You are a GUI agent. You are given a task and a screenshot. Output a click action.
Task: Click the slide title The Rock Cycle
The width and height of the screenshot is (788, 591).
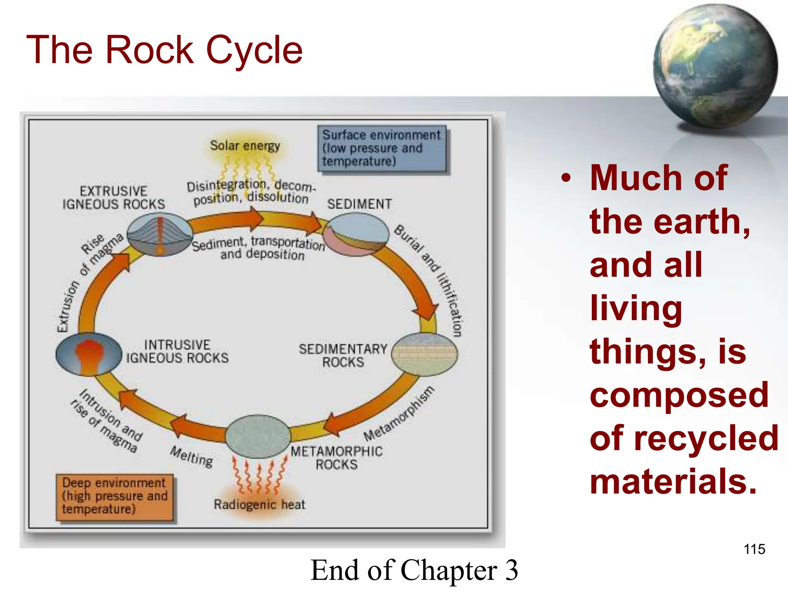(165, 50)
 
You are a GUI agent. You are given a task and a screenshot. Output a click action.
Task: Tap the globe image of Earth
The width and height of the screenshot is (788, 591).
(715, 65)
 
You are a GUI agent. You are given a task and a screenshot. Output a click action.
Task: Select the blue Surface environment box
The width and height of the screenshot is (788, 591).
(382, 148)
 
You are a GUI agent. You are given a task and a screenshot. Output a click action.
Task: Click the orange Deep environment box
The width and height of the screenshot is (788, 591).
(115, 496)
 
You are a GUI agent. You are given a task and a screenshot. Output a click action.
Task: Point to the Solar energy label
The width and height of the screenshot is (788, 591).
(245, 146)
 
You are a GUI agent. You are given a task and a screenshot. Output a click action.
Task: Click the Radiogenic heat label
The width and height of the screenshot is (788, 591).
(259, 504)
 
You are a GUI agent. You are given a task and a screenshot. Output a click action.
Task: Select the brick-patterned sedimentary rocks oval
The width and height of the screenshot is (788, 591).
(424, 354)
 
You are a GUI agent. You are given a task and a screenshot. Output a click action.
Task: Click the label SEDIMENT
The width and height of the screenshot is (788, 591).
(359, 204)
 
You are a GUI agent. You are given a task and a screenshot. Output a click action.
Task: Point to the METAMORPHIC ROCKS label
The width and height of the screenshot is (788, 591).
(337, 458)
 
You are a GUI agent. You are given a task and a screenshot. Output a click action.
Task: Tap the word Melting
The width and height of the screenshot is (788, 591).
(192, 456)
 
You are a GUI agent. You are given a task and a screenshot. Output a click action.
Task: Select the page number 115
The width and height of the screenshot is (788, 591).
(754, 549)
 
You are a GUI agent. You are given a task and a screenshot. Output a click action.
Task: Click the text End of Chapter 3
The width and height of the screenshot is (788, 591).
(414, 570)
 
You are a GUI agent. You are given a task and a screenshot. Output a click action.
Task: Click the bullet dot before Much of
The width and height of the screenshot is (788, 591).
(565, 178)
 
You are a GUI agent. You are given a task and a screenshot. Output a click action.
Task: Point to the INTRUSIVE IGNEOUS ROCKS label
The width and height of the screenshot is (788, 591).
(177, 351)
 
